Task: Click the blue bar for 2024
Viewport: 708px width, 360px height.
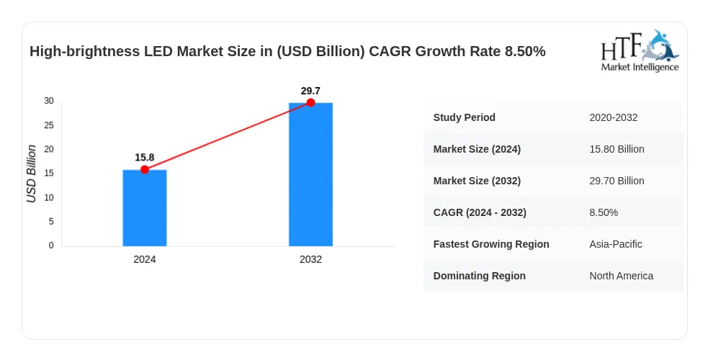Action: coord(145,208)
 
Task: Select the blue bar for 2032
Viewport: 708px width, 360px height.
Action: coord(310,174)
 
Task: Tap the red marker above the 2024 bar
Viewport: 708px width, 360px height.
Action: coord(145,170)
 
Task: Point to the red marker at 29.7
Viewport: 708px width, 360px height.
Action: coord(310,102)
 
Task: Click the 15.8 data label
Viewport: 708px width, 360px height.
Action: coord(145,158)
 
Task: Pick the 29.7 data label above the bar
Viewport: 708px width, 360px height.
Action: coord(310,91)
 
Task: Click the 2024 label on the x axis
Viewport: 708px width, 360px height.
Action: coord(145,259)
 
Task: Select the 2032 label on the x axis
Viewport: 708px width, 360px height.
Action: coord(310,259)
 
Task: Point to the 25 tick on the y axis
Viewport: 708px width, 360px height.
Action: coord(49,125)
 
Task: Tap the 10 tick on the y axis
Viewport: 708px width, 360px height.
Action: coord(49,197)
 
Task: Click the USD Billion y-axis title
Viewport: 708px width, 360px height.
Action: coord(31,174)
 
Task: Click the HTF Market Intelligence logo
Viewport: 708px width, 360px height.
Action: coord(640,50)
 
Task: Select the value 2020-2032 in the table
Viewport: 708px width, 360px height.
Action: coord(613,118)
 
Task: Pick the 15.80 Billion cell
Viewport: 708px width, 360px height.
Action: coord(617,149)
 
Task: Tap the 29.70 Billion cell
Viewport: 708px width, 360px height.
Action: coord(617,181)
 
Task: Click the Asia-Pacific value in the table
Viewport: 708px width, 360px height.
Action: coord(615,244)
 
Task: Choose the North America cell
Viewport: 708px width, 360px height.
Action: coord(622,276)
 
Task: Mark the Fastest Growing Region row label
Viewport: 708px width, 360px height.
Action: coord(491,244)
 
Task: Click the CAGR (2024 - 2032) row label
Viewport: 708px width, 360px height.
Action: coord(480,212)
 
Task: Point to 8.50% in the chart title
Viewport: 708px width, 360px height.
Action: coord(525,51)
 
